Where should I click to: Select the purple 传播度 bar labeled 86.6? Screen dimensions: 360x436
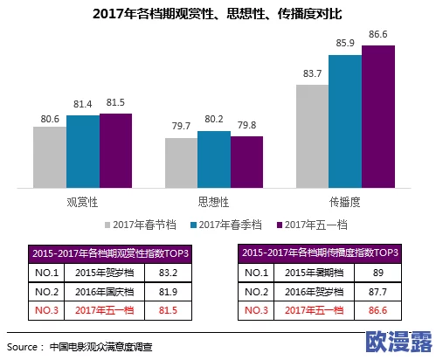point(378,115)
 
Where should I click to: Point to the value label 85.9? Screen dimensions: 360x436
point(345,44)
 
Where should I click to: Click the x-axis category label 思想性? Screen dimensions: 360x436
point(214,201)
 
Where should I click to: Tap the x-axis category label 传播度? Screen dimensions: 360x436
point(345,201)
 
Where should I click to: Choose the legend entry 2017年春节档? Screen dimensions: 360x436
point(140,225)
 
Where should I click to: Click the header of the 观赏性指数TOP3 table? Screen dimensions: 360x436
point(111,253)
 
